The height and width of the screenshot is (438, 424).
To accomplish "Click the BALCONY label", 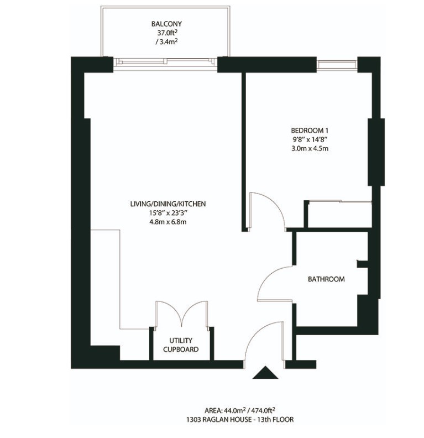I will click(166, 24).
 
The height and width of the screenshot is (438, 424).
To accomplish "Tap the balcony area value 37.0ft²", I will click(166, 33).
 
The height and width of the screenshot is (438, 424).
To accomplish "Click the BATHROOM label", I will click(326, 279).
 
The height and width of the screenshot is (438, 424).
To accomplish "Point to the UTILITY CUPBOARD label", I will click(180, 345).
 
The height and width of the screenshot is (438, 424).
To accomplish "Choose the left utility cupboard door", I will click(168, 313).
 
